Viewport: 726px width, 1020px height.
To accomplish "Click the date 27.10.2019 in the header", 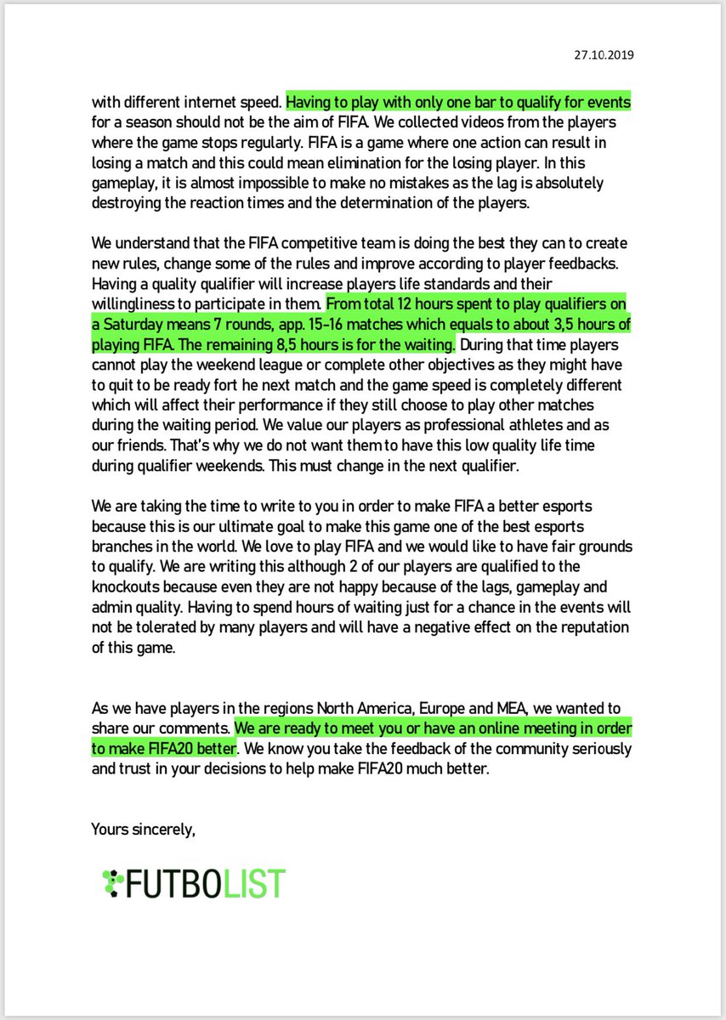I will pyautogui.click(x=604, y=55).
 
